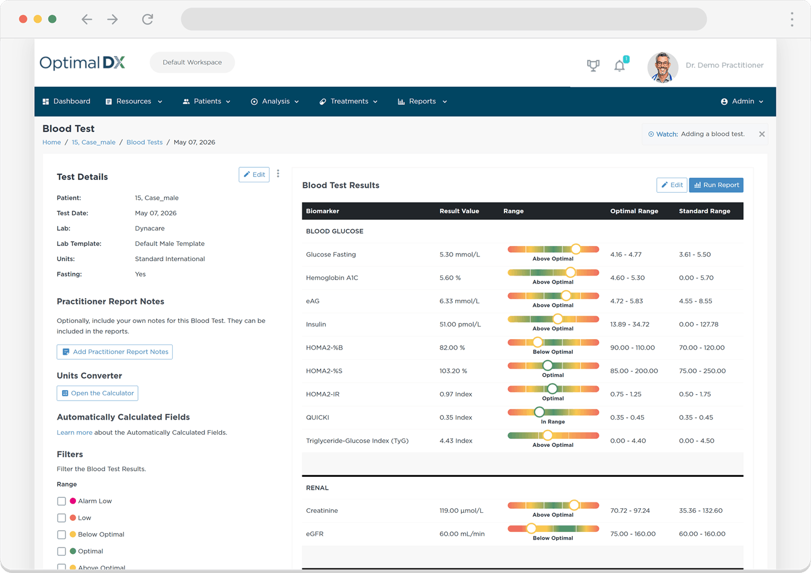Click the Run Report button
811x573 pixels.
point(716,185)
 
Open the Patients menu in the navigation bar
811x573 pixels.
point(206,101)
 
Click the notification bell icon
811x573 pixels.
point(620,66)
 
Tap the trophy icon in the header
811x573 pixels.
point(593,65)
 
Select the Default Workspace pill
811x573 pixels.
point(192,63)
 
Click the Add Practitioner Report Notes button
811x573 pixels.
point(115,352)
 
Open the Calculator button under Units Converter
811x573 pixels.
point(97,393)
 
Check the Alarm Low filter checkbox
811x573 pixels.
point(61,501)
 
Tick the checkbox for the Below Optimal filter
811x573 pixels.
point(61,534)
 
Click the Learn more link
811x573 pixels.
point(74,432)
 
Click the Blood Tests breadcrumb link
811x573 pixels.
point(144,142)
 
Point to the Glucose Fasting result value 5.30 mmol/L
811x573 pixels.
point(459,254)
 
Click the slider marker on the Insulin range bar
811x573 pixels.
point(557,319)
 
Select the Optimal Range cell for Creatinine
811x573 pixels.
point(630,510)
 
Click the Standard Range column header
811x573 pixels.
point(704,211)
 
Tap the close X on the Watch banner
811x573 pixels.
point(762,134)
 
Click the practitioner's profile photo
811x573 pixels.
point(663,67)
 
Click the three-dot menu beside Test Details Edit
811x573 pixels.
point(278,174)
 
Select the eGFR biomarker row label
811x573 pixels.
point(315,534)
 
